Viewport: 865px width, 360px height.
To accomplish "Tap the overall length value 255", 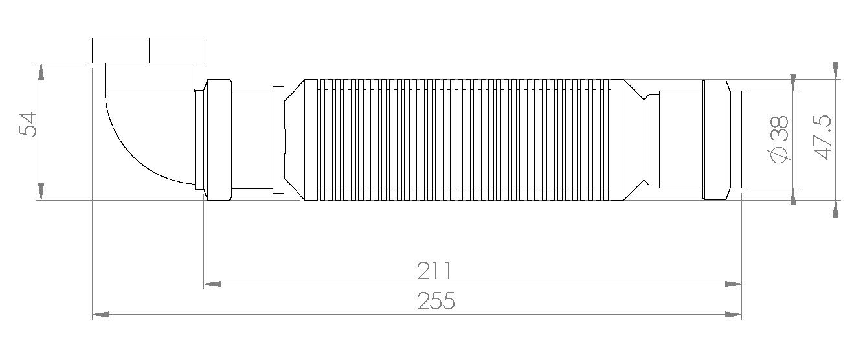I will [435, 302].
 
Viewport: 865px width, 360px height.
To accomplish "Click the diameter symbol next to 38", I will [780, 155].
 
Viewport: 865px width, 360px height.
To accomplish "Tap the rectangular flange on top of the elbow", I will [150, 50].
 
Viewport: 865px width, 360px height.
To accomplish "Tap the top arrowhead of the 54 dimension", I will [41, 71].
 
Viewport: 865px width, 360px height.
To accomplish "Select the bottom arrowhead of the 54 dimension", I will [41, 192].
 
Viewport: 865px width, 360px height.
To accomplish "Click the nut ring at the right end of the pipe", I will [714, 139].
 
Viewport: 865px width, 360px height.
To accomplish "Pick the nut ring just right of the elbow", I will [218, 139].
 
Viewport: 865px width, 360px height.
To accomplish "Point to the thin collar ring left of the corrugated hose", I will [278, 139].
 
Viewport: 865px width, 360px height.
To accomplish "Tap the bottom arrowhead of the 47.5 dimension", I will [836, 208].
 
